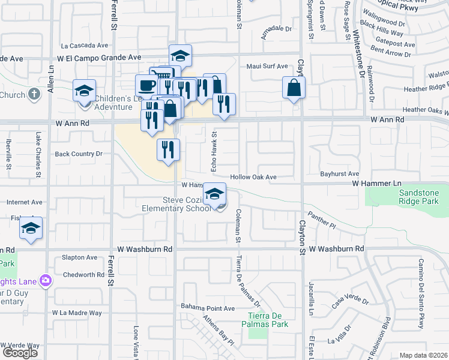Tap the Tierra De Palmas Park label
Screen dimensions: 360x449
pyautogui.click(x=268, y=320)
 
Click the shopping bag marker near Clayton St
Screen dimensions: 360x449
pyautogui.click(x=294, y=88)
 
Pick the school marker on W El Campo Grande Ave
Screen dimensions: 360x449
pyautogui.click(x=179, y=56)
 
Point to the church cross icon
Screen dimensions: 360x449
pyautogui.click(x=34, y=94)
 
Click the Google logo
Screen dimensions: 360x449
pyautogui.click(x=20, y=352)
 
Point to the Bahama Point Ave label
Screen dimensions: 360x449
pyautogui.click(x=208, y=308)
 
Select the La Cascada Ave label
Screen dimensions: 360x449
pyautogui.click(x=85, y=45)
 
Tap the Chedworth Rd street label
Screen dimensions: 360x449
pyautogui.click(x=83, y=274)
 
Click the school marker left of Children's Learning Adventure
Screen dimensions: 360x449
pyautogui.click(x=84, y=91)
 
